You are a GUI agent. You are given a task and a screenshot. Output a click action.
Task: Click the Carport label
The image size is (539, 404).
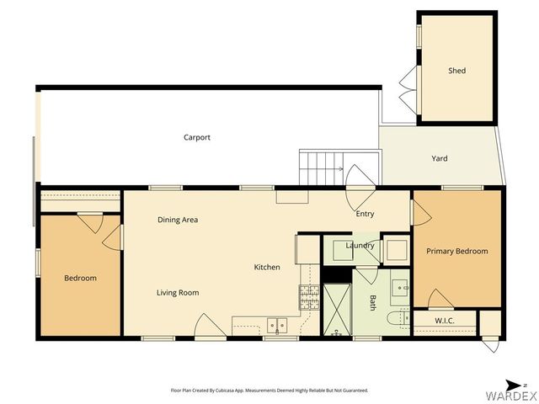196,137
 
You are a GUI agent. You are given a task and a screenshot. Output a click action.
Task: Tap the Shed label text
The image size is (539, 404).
456,71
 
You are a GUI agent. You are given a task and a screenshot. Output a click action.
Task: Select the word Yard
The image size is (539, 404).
439,158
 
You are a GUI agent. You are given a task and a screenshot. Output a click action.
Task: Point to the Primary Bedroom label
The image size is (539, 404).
456,251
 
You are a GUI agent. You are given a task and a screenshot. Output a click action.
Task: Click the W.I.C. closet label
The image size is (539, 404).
445,320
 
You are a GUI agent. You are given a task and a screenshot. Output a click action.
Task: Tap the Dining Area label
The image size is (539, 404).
178,220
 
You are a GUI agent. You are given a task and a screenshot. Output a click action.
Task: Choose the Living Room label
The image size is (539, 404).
177,292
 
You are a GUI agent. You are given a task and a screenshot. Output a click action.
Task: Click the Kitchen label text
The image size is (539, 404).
267,267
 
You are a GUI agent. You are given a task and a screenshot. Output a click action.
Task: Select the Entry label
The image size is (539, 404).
364,214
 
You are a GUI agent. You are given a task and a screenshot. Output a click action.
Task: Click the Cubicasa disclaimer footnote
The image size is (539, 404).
269,391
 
